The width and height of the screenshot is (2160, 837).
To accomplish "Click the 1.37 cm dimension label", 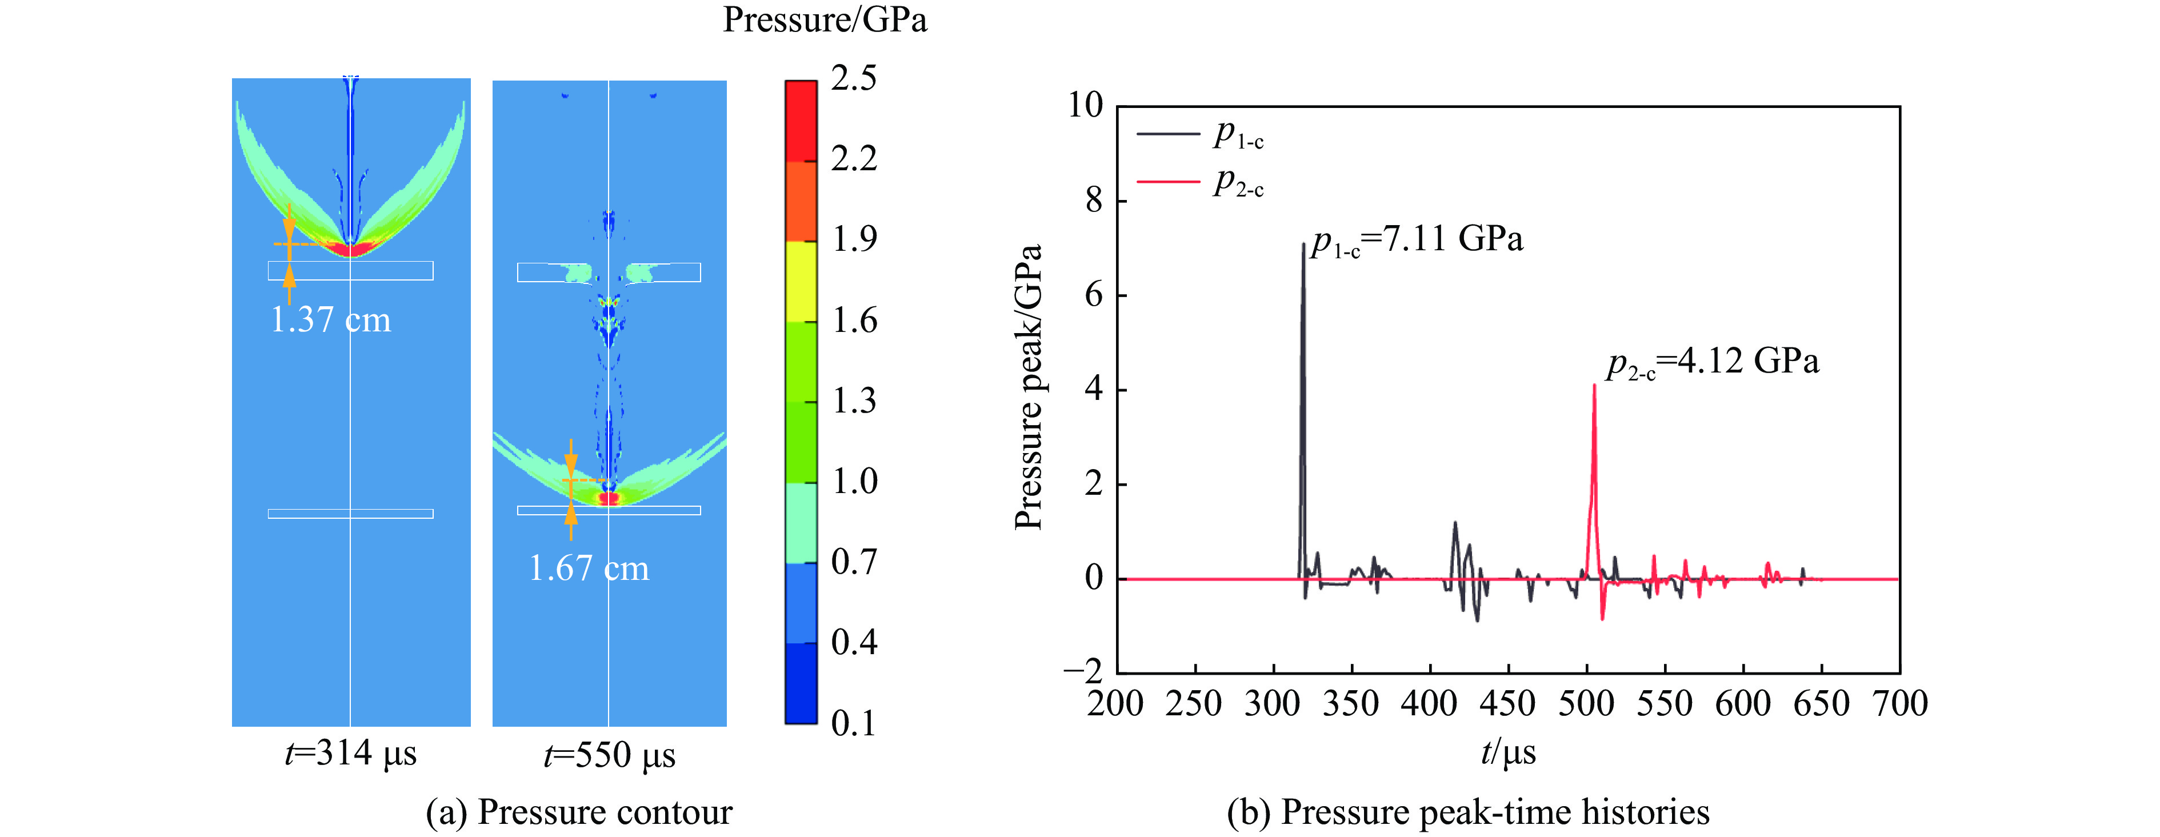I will [330, 319].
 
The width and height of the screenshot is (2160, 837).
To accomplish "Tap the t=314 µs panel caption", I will [350, 753].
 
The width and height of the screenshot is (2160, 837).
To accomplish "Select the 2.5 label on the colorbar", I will [854, 78].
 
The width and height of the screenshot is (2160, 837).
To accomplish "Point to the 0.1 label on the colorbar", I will [854, 723].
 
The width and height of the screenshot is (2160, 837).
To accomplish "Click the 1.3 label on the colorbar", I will [854, 401].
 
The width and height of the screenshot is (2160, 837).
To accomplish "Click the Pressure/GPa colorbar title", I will [825, 20].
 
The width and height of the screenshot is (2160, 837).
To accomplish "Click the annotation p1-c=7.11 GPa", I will [1417, 240].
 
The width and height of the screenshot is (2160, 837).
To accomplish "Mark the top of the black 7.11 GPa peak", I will [1303, 244].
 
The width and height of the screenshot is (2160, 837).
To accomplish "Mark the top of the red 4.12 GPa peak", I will [1594, 385].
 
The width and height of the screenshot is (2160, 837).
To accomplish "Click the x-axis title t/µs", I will [1507, 751].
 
